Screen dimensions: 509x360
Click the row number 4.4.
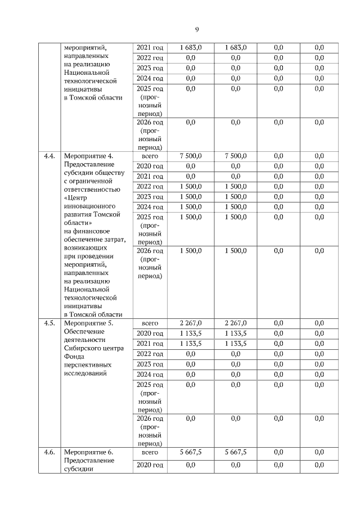pyautogui.click(x=49, y=156)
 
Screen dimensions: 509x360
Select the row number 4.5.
pyautogui.click(x=49, y=323)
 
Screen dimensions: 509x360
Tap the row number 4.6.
pyautogui.click(x=49, y=452)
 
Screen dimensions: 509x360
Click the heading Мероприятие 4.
pyautogui.click(x=89, y=156)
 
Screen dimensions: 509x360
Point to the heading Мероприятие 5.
pyautogui.click(x=89, y=323)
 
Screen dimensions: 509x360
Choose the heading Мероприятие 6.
pyautogui.click(x=89, y=452)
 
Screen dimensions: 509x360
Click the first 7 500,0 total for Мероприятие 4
pyautogui.click(x=191, y=156)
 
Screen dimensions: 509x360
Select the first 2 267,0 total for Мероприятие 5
pyautogui.click(x=191, y=323)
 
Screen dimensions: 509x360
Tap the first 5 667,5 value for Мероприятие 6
pyautogui.click(x=191, y=452)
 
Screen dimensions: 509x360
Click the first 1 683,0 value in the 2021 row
pyautogui.click(x=191, y=48)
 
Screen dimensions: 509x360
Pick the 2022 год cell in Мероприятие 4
pyautogui.click(x=150, y=187)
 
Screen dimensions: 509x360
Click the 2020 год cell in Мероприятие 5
pyautogui.click(x=150, y=334)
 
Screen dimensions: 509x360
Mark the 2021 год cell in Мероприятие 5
pyautogui.click(x=150, y=344)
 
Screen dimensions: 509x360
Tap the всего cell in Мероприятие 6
pyautogui.click(x=150, y=452)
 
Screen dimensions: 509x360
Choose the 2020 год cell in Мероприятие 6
pyautogui.click(x=150, y=465)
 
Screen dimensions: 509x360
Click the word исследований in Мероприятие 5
pyautogui.click(x=85, y=373)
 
